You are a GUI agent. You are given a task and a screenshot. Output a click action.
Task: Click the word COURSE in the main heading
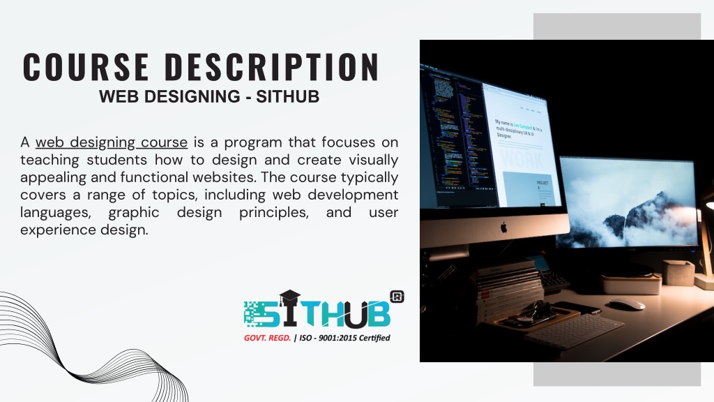click(x=86, y=67)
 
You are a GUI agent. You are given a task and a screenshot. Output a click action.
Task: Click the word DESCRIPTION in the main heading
click(x=272, y=67)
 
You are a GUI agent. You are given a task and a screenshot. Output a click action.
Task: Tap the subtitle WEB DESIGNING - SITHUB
click(x=209, y=97)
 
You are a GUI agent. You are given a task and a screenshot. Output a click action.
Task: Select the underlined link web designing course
click(x=112, y=142)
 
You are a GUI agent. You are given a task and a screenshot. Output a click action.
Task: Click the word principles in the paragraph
click(x=273, y=211)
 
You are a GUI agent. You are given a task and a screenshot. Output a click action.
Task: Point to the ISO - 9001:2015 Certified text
click(x=344, y=338)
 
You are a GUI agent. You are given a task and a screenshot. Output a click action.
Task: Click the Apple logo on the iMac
click(x=503, y=227)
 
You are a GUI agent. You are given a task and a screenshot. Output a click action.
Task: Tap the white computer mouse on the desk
click(x=627, y=304)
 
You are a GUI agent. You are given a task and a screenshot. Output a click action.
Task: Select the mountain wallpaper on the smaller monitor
click(x=628, y=202)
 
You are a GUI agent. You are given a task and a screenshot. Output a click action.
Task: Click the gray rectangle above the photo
click(x=616, y=26)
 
